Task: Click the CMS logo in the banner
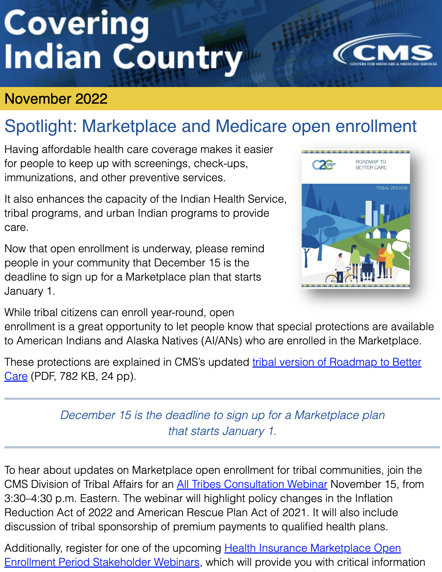coord(385,53)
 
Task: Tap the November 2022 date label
coord(56,99)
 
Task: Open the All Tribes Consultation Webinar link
coord(252,484)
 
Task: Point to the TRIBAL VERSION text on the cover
coord(391,188)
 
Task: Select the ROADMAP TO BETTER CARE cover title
coord(371,165)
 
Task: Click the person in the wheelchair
coord(367,268)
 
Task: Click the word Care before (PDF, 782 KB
coord(16,376)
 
